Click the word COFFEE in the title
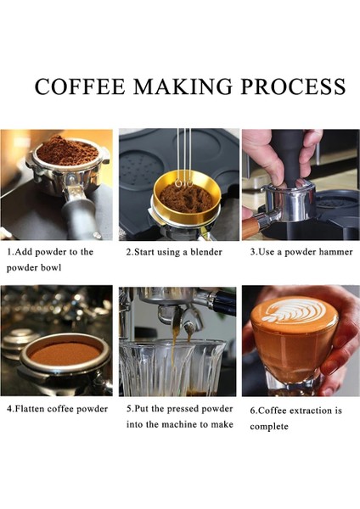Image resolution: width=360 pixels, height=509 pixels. point(79,87)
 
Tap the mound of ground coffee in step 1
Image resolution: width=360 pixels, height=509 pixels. point(67,152)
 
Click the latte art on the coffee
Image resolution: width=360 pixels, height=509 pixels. point(294,313)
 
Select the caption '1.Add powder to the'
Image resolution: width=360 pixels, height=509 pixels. point(50,252)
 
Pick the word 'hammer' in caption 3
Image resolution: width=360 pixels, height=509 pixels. point(334,252)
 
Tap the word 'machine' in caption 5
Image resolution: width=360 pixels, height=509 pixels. point(186,424)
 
